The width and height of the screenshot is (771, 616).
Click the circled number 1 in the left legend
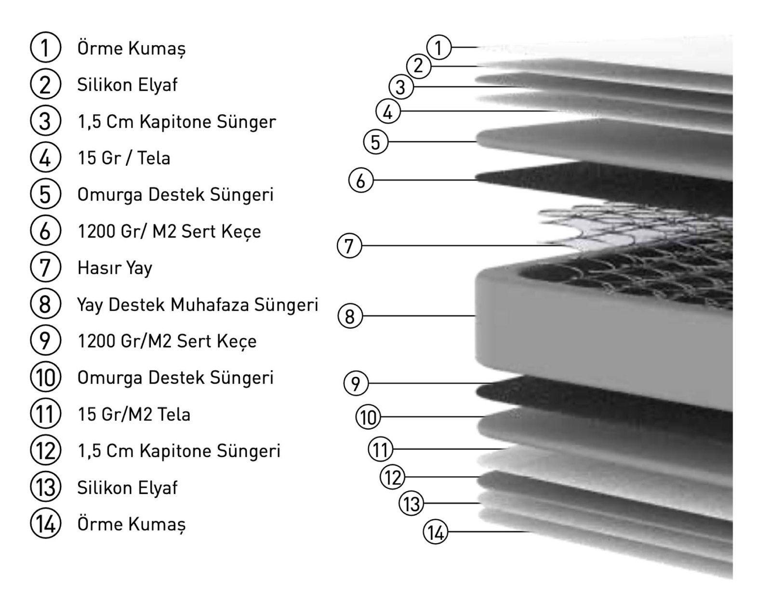(45, 47)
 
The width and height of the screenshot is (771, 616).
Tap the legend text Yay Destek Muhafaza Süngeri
(198, 305)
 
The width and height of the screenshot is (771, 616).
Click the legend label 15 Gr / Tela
(124, 158)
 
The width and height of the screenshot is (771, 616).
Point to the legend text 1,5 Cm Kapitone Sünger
(177, 122)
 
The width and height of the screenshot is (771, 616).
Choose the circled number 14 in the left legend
(45, 523)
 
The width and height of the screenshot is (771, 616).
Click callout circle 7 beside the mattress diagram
(349, 246)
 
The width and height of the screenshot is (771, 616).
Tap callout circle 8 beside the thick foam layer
(350, 316)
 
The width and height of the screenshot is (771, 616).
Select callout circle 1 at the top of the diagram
(439, 47)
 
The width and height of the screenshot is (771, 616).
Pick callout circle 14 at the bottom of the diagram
(435, 532)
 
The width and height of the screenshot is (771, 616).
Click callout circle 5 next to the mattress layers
(375, 142)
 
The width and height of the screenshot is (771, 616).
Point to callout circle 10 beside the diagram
(368, 417)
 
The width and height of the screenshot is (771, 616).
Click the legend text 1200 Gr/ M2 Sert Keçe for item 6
(169, 231)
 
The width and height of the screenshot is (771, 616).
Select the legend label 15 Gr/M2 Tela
(134, 414)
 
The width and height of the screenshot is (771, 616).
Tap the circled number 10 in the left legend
(45, 377)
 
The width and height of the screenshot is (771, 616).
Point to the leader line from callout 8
(419, 316)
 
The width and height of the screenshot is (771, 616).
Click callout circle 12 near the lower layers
(393, 477)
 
